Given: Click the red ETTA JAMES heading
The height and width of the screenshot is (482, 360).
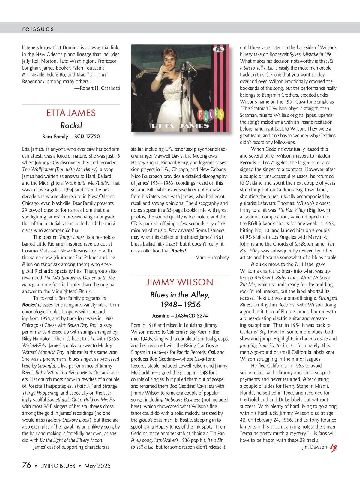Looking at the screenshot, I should (71, 113).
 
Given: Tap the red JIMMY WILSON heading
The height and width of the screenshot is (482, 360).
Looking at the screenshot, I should (180, 282).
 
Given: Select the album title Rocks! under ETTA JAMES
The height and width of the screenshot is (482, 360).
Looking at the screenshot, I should (71, 125).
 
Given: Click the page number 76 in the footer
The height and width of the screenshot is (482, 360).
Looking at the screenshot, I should (27, 465).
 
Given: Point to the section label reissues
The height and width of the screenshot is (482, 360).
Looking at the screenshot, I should (38, 29).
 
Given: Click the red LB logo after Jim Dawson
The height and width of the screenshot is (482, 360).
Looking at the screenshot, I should (333, 448).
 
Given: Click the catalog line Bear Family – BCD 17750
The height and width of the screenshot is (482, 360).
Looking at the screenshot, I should (71, 137).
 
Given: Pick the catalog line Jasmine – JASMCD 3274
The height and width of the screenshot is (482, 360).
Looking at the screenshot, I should (180, 316).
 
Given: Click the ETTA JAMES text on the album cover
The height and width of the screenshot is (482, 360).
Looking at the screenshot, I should (180, 126).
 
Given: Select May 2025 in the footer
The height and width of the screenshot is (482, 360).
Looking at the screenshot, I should (97, 466).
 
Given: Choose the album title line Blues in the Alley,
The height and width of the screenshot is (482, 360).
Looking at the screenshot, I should (180, 295).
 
